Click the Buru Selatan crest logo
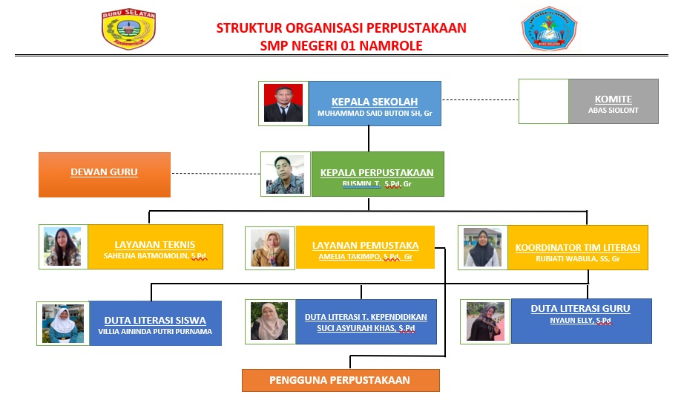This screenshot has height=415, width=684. tap(129, 30)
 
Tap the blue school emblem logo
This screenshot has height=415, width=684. tap(550, 29)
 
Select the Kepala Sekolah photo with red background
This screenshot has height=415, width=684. tap(283, 102)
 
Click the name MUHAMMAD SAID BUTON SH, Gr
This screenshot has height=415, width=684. tap(375, 114)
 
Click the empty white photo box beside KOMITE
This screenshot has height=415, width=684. tap(543, 101)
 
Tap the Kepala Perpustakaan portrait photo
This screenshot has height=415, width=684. tap(285, 174)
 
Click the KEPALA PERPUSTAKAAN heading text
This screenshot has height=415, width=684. tap(377, 173)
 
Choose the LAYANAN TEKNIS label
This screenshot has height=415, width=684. tap(155, 244)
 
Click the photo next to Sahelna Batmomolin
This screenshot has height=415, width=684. tap(62, 246)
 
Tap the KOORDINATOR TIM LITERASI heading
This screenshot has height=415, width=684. tap(577, 248)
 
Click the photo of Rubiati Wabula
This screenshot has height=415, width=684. tap(482, 247)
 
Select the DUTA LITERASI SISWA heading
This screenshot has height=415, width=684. tap(155, 321)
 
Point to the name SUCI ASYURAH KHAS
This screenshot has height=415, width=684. tap(366, 327)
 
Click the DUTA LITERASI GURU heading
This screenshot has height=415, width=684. tap(580, 309)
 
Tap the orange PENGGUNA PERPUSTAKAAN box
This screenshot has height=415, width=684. tap(340, 380)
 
